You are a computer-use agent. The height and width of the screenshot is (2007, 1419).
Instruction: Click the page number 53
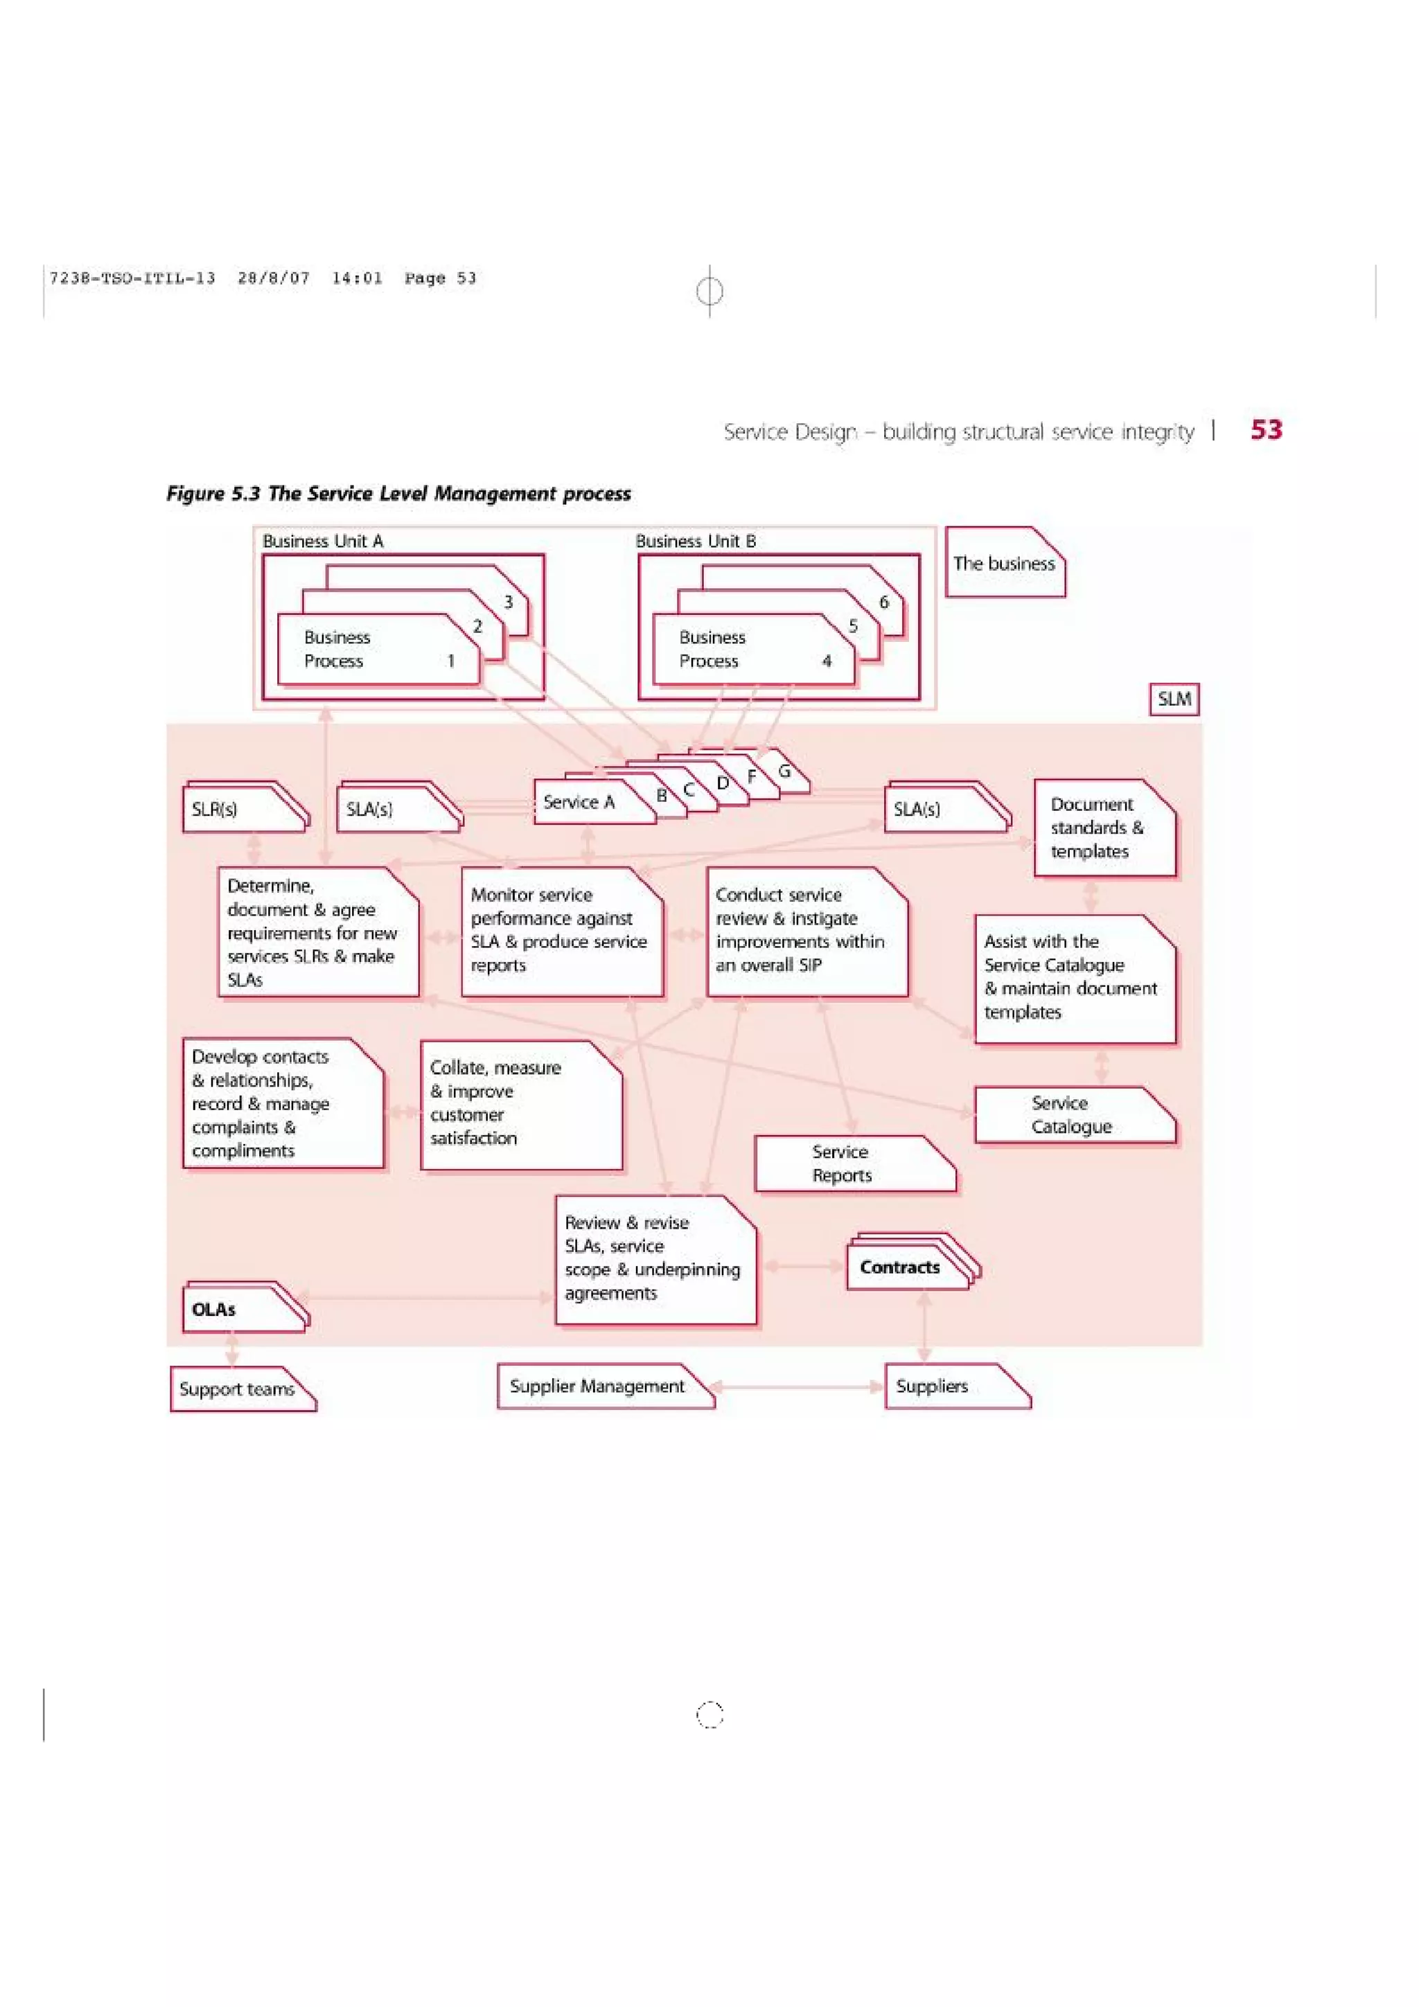point(1265,429)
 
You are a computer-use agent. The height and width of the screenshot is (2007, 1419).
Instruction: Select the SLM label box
point(1173,699)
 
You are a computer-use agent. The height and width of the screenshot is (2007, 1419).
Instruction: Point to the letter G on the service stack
point(784,771)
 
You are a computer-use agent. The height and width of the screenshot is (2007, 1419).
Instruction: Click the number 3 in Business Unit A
point(508,603)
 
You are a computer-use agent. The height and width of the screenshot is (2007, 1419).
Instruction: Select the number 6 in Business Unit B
point(883,603)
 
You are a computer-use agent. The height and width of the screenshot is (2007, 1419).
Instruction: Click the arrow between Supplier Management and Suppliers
point(797,1386)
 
